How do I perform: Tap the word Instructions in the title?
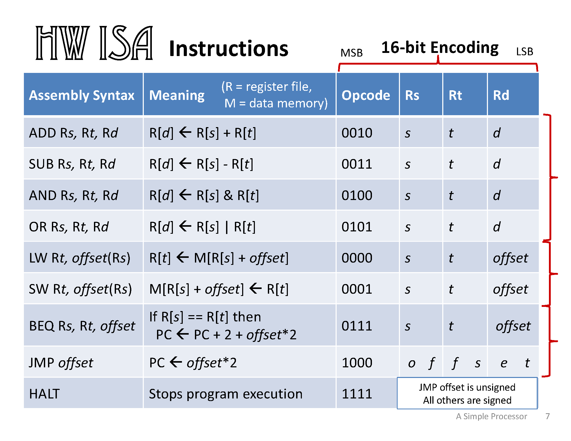(x=228, y=49)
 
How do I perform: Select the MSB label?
(x=351, y=53)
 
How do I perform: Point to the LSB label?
(x=524, y=51)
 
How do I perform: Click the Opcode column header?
(x=365, y=95)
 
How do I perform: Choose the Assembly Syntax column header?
(x=81, y=95)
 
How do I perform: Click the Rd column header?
(x=501, y=95)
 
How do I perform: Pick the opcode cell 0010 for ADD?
(x=357, y=133)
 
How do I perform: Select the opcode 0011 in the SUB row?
(x=357, y=164)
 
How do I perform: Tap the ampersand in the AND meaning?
(x=228, y=195)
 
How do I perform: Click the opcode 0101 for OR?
(x=357, y=227)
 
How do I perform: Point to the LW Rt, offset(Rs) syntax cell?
(x=79, y=258)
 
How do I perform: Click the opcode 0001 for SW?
(x=357, y=289)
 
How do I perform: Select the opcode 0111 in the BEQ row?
(x=357, y=326)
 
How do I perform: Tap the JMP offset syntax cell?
(x=61, y=363)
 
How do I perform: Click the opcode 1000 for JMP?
(x=357, y=363)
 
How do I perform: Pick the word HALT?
(x=44, y=394)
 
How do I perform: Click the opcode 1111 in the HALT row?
(x=357, y=394)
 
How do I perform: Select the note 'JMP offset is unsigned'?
(x=467, y=387)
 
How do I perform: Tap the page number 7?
(x=547, y=416)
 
